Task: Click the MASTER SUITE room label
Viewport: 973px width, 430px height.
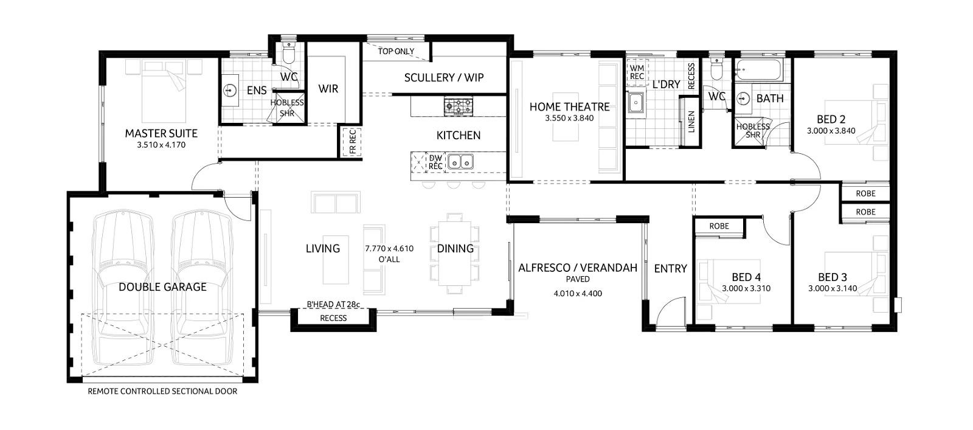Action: point(161,133)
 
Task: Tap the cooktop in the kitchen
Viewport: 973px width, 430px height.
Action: point(458,106)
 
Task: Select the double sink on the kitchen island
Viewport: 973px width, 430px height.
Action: point(460,162)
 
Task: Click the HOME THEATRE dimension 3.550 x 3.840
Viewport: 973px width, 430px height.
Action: point(569,118)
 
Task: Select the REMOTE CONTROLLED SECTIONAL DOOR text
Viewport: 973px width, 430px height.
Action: point(162,391)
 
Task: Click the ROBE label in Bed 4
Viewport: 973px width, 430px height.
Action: point(719,226)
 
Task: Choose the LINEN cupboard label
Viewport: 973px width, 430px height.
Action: point(691,122)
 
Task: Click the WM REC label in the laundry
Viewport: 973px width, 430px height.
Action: point(637,72)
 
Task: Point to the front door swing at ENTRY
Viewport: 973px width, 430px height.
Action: point(669,313)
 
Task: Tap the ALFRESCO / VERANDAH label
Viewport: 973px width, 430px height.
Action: point(577,268)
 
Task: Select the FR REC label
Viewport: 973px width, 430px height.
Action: point(352,140)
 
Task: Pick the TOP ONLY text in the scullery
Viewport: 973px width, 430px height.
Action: point(396,52)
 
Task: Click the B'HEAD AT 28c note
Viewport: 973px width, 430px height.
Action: point(333,304)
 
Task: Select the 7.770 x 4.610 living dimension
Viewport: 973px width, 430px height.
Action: point(389,248)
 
